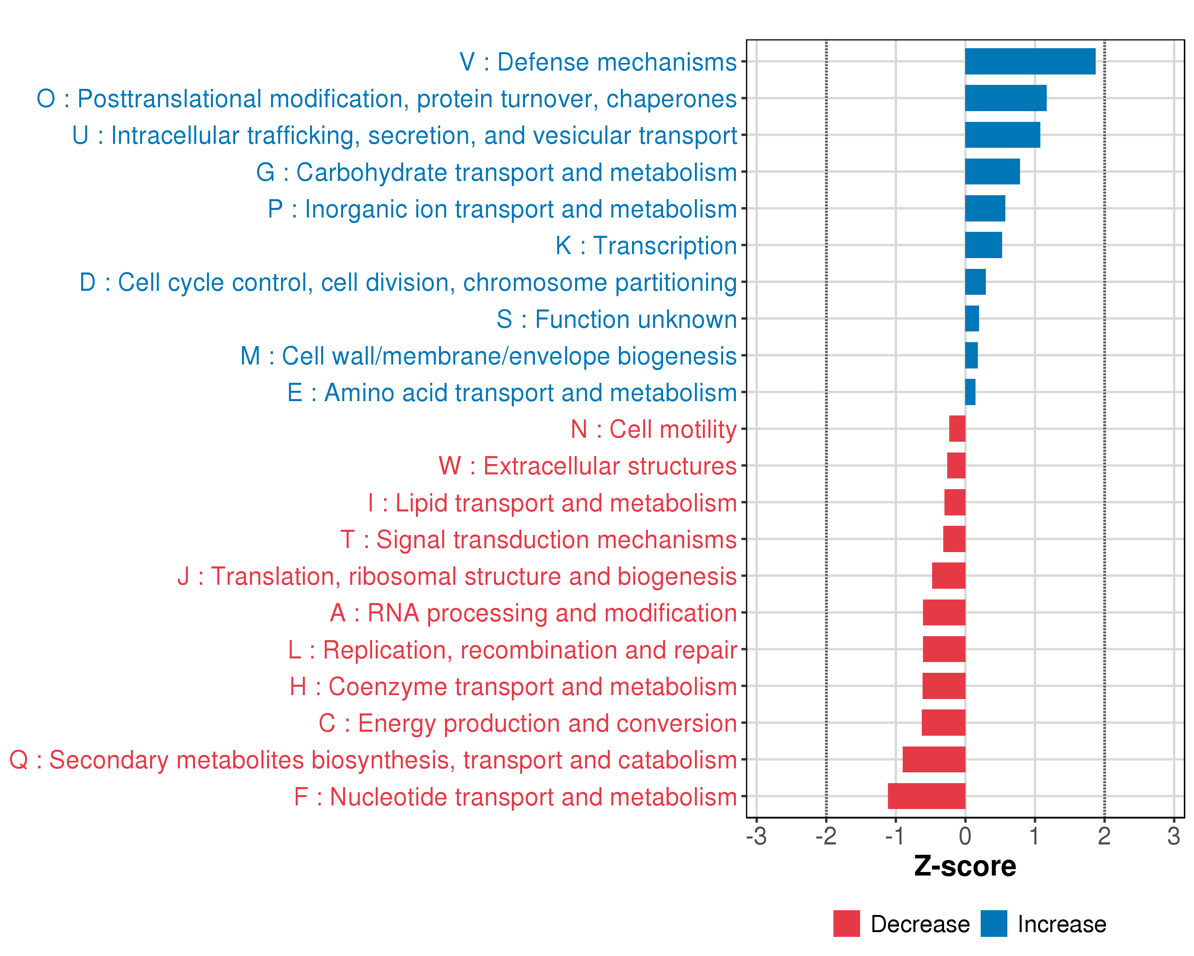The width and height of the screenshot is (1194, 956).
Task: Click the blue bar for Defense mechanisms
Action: click(x=1030, y=61)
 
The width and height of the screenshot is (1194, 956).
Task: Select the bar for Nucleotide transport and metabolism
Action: click(x=926, y=796)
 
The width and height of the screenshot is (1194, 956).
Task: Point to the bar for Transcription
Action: click(x=983, y=245)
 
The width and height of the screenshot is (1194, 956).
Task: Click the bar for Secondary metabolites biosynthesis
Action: click(x=934, y=759)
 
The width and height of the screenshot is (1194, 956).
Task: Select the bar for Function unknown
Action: click(x=972, y=319)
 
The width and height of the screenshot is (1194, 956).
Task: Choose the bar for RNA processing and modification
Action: click(x=944, y=612)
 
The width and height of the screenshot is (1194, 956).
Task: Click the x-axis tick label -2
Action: click(x=826, y=836)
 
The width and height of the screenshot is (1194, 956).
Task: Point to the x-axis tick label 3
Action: click(x=1174, y=836)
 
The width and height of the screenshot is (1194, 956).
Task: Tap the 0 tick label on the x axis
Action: click(x=965, y=836)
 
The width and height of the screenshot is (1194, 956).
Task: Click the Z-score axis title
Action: click(x=965, y=866)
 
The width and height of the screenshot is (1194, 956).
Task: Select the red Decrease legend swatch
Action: click(x=846, y=923)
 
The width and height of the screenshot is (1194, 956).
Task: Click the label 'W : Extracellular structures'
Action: click(x=587, y=466)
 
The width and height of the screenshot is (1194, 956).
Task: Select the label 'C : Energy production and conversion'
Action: click(x=527, y=723)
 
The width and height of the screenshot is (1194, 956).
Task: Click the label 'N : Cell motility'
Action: click(x=654, y=429)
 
